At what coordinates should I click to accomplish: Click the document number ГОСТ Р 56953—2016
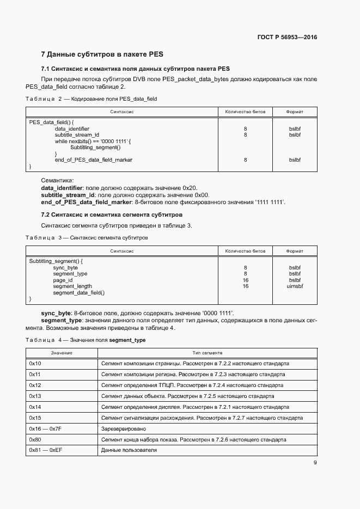click(x=286, y=38)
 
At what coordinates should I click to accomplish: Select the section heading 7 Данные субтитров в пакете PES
click(x=102, y=54)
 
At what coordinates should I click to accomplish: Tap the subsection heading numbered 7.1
click(x=136, y=69)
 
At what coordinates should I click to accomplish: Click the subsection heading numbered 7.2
click(x=112, y=215)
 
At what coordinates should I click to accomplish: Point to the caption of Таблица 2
click(x=91, y=99)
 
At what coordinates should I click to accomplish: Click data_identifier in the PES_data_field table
click(x=72, y=128)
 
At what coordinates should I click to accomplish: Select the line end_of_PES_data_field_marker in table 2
click(x=94, y=160)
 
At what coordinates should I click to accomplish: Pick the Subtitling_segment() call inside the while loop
click(x=95, y=148)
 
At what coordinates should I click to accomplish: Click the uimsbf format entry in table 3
click(x=295, y=286)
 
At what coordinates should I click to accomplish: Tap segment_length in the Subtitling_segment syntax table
click(x=72, y=286)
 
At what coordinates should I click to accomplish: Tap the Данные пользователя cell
click(x=129, y=451)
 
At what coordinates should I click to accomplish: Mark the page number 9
click(x=315, y=463)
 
